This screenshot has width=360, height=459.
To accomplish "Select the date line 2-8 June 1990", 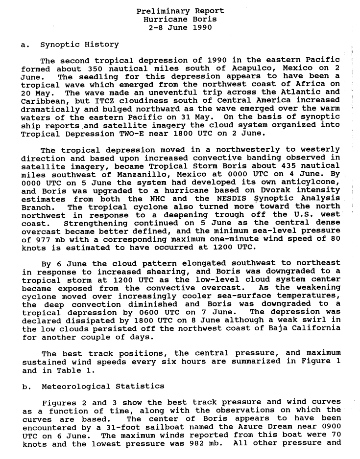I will click(180, 27).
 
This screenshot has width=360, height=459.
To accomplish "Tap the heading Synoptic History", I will click(79, 45).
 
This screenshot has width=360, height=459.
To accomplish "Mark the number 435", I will click(281, 166).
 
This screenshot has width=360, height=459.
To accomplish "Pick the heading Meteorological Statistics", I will click(103, 387).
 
